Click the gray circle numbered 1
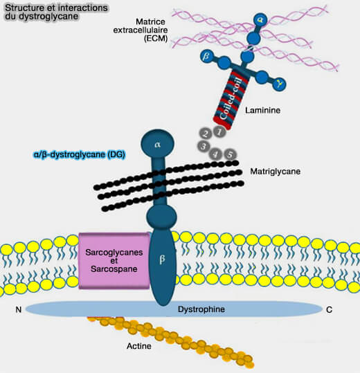219,131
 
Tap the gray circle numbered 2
206,134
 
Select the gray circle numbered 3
204,146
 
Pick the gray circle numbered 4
215,154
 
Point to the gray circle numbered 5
230,154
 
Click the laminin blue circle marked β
206,57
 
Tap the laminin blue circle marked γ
280,84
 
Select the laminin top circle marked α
260,20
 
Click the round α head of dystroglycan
158,144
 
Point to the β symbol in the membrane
162,259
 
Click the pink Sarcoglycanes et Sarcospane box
114,261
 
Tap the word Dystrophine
201,309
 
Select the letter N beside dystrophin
18,309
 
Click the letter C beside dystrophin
329,310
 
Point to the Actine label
139,346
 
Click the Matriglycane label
276,172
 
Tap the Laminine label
262,111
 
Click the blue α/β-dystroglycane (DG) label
79,154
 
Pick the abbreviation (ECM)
156,38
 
